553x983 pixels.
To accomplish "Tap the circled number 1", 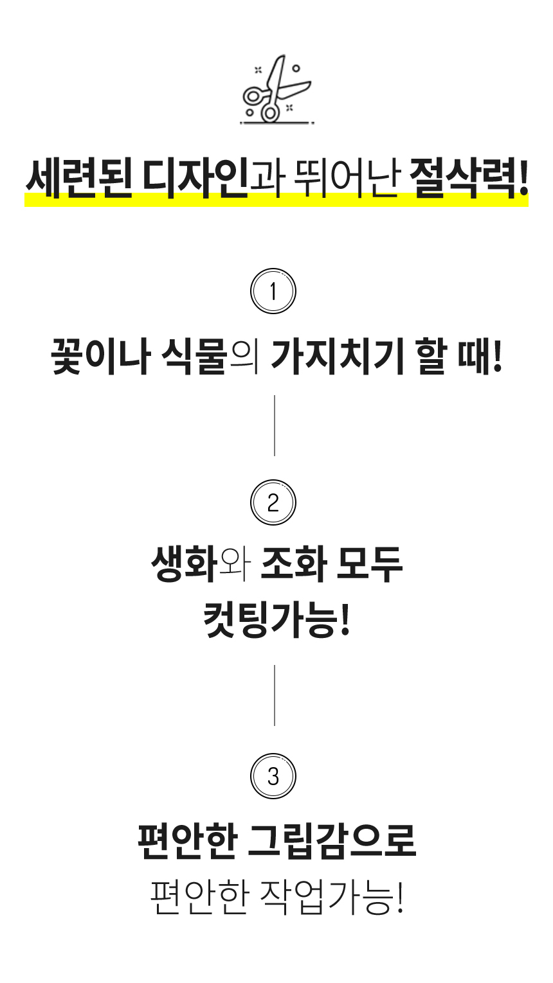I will point(273,292).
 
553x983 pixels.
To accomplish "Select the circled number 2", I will point(273,502).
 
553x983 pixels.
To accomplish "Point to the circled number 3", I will point(273,776).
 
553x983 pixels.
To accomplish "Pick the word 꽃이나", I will point(101,357).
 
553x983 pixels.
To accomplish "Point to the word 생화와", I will point(199,564).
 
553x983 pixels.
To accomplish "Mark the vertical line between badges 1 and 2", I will point(275,425).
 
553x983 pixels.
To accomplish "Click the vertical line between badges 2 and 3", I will point(275,695).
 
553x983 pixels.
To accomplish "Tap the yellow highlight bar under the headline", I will point(276,201).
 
